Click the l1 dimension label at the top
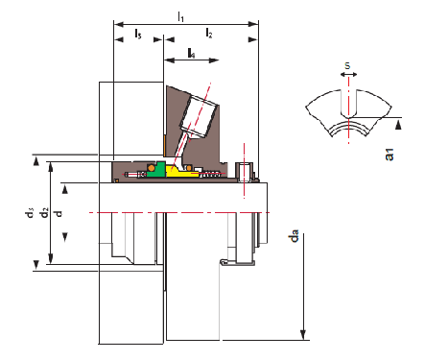181,16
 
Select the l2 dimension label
209,33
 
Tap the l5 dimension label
138,34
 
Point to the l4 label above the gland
191,53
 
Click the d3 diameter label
29,213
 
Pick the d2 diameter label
44,213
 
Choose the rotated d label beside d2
59,213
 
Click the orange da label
294,235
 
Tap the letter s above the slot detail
347,65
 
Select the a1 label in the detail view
390,155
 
